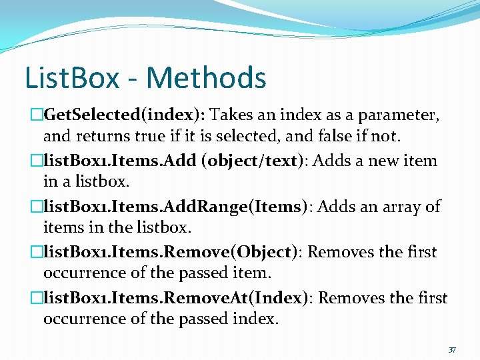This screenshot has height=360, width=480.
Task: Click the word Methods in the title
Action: [206, 77]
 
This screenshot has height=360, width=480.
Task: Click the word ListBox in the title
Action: [71, 77]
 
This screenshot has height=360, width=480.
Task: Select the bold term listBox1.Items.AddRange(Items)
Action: [176, 207]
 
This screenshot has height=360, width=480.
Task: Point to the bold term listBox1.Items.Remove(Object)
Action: [170, 252]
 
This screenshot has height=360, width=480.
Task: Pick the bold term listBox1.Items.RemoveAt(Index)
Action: [176, 298]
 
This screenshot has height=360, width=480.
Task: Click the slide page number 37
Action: [452, 349]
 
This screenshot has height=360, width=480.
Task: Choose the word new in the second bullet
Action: [385, 161]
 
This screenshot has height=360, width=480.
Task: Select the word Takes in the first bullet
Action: [233, 115]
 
